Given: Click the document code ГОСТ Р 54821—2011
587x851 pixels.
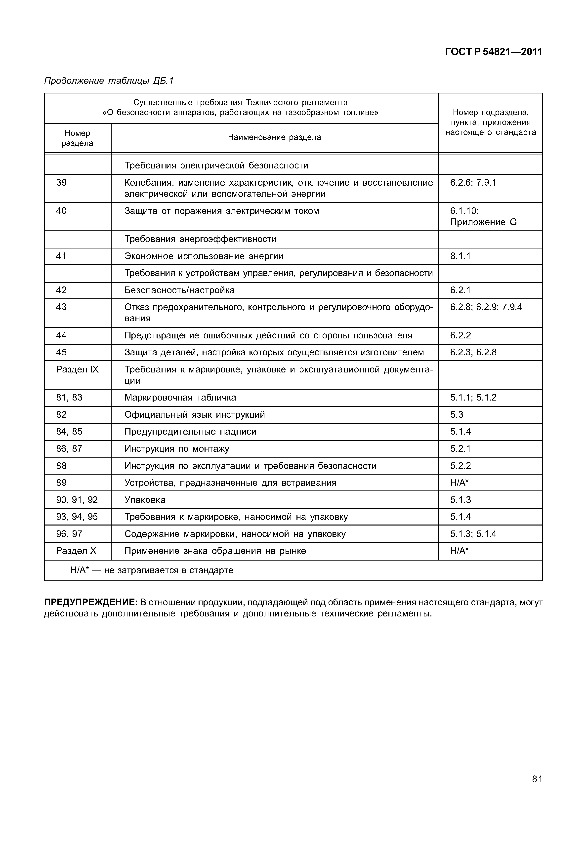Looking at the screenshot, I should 494,52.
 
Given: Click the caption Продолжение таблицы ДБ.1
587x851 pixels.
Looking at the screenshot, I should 109,81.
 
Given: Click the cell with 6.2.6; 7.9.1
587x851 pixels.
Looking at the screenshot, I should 473,183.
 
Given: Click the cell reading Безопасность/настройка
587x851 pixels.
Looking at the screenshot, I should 179,290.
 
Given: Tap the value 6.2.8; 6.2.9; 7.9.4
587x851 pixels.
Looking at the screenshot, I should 486,307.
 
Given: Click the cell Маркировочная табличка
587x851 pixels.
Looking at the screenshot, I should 180,398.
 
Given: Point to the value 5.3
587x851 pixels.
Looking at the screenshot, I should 457,415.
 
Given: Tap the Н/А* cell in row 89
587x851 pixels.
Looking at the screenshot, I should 459,483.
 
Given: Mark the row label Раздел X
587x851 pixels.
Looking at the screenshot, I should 76,551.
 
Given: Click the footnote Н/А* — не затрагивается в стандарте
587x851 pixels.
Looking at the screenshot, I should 152,570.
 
